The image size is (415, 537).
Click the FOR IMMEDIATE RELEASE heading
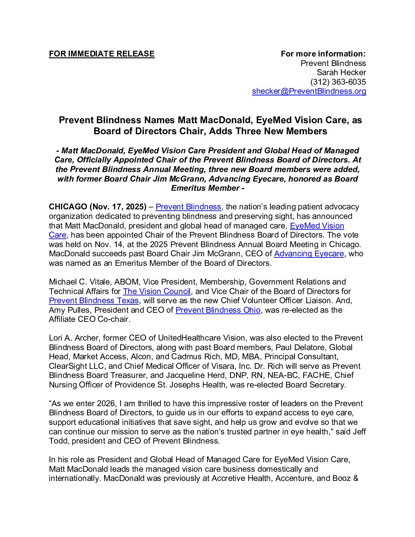point(101,54)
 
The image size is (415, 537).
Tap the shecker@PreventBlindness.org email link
point(309,91)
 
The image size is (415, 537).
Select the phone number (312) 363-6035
point(338,82)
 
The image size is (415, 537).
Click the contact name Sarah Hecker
point(341,72)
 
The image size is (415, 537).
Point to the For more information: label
point(323,54)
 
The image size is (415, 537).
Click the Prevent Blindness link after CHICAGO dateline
point(188,207)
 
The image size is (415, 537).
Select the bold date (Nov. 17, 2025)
point(118,207)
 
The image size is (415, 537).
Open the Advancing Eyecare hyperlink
point(309,254)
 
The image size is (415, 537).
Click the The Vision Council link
point(156,291)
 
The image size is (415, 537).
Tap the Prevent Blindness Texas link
point(94,301)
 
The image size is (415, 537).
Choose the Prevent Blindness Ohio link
point(218,310)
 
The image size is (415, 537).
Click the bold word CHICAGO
point(68,207)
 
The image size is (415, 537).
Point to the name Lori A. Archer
point(74,338)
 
